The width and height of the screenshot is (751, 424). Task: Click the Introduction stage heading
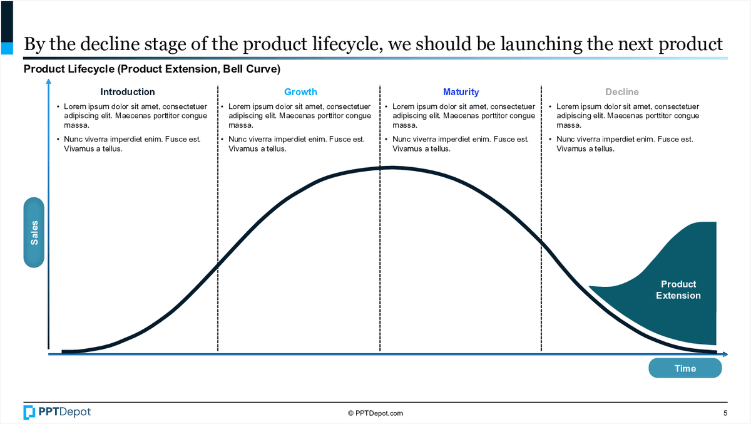[128, 92]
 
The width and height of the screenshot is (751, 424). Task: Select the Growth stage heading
[300, 92]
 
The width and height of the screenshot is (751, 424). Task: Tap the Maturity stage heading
[461, 92]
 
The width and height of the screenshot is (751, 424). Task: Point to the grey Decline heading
[622, 92]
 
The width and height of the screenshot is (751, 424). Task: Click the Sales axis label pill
[34, 232]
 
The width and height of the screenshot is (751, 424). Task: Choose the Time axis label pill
[685, 368]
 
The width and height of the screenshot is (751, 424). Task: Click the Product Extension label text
[678, 290]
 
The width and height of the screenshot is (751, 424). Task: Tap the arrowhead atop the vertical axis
[49, 81]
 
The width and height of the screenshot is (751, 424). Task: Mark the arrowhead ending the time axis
[725, 354]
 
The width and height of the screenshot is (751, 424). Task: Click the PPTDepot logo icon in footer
[29, 412]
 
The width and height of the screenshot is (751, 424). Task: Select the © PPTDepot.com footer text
[375, 413]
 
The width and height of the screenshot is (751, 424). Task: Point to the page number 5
[725, 413]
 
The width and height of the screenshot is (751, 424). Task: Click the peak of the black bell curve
[391, 167]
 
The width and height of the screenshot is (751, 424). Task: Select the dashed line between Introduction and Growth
[218, 218]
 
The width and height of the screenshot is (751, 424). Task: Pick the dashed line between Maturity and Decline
[541, 218]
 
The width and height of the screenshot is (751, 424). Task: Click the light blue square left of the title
[7, 48]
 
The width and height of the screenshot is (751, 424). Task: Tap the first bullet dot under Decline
[550, 106]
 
